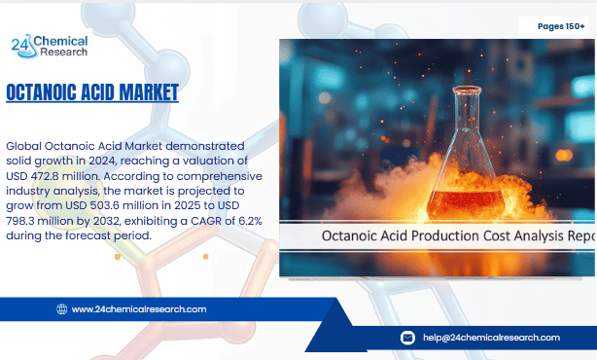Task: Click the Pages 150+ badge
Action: pos(562,26)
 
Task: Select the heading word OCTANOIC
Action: pos(50,93)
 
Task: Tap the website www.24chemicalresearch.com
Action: pos(138,309)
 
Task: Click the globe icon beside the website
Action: pos(62,309)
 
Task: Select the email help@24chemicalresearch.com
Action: pos(491,338)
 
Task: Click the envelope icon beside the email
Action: pos(408,338)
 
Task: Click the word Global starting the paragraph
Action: pos(25,144)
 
